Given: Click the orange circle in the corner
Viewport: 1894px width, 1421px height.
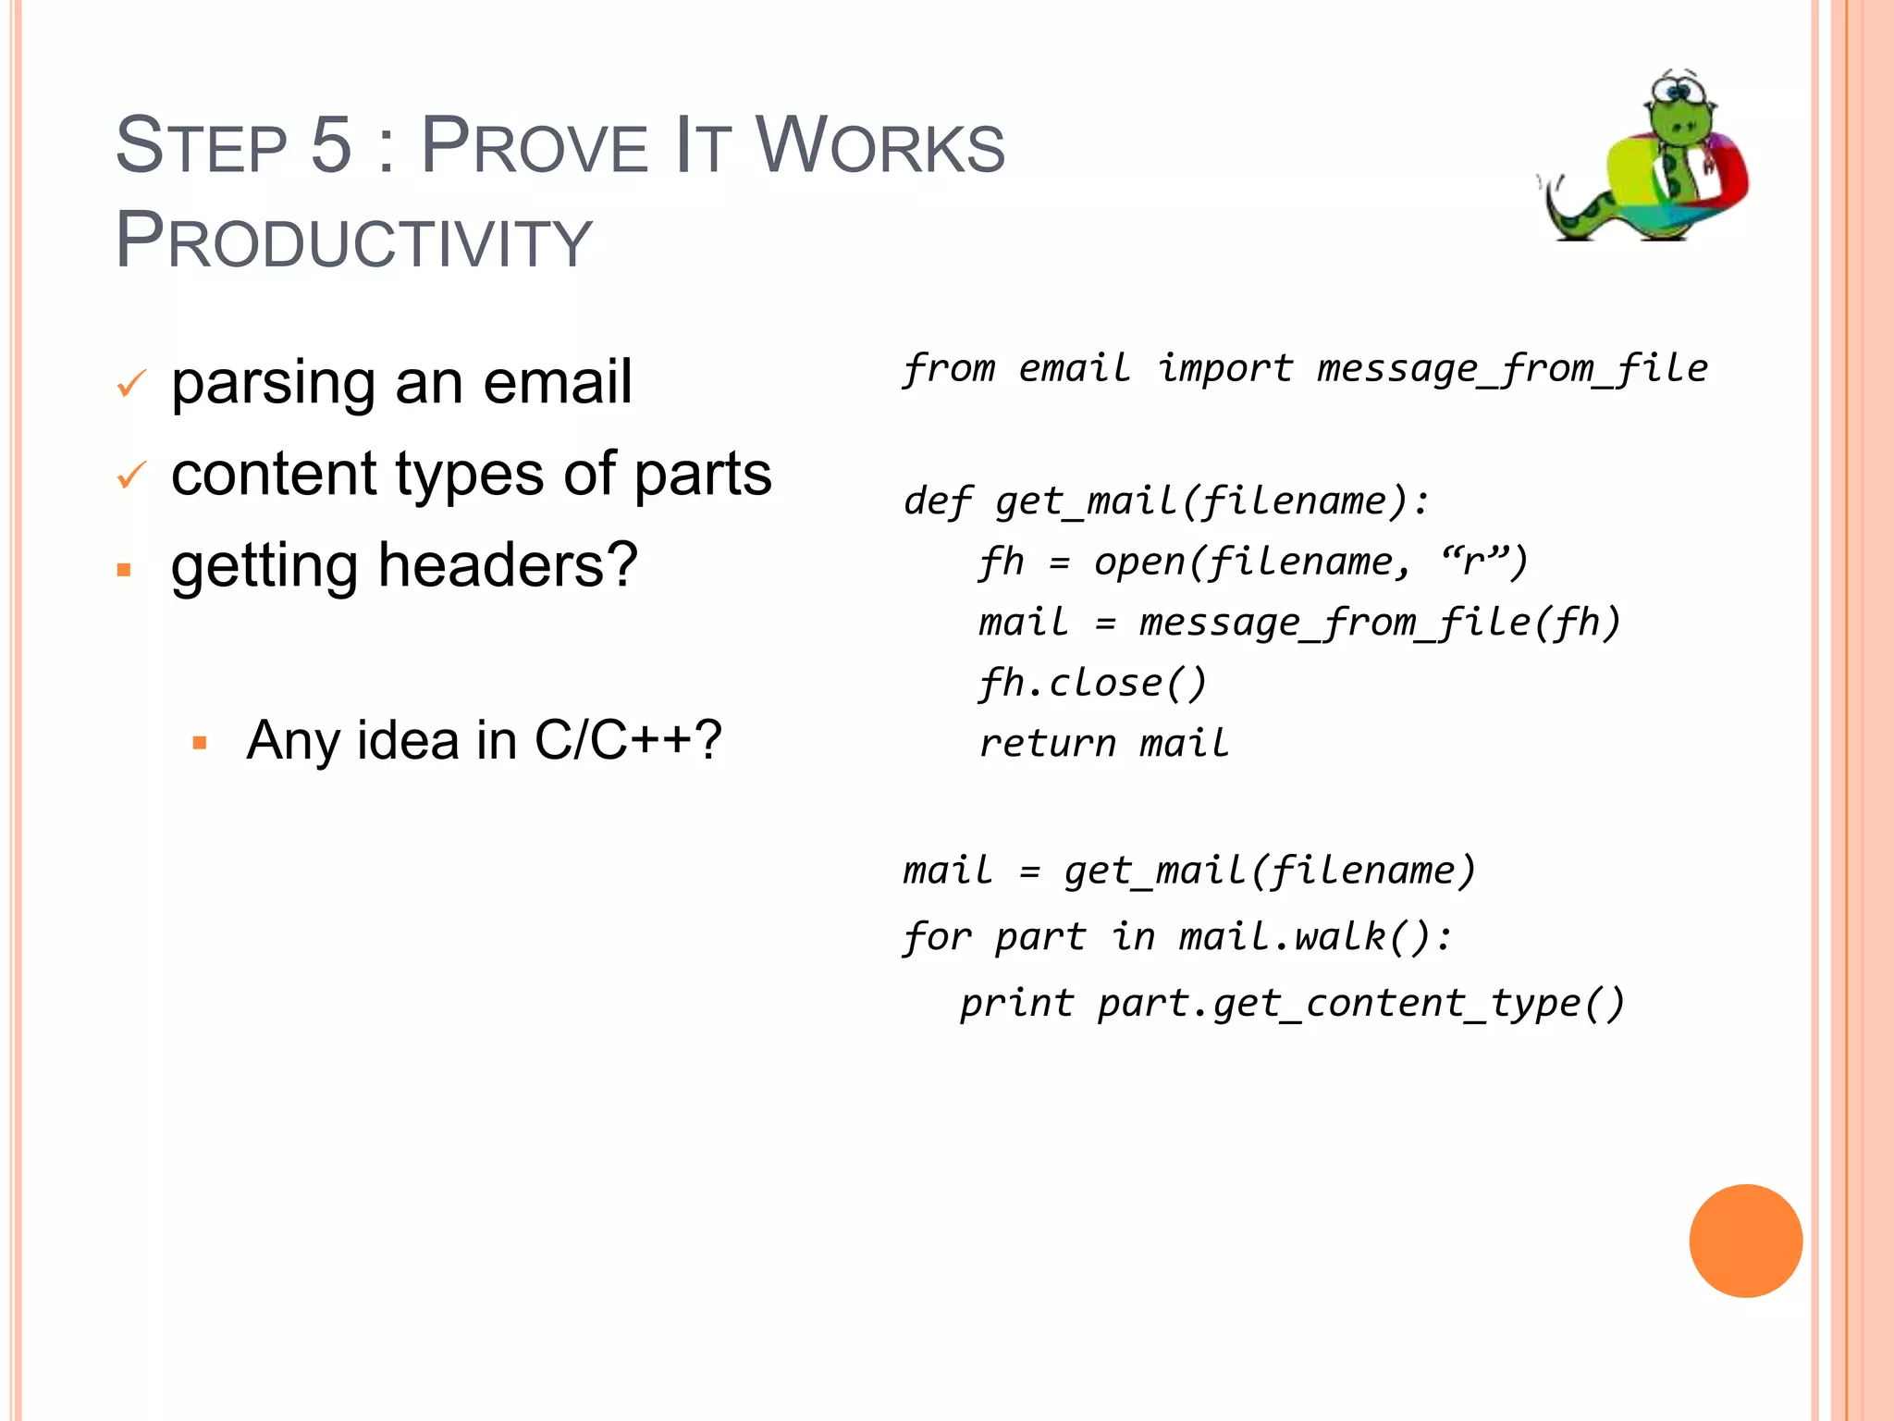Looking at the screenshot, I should (1745, 1241).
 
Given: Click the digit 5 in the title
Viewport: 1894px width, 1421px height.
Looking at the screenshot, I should (331, 145).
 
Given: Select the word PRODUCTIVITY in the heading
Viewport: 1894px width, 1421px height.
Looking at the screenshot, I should (353, 241).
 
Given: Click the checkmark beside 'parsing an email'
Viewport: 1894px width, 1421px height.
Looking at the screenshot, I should (131, 383).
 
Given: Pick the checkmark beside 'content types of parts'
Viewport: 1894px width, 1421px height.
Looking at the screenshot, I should (131, 476).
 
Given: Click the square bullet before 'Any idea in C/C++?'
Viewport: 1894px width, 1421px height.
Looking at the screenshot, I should (200, 743).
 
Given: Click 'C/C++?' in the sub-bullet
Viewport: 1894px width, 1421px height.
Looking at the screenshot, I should (628, 740).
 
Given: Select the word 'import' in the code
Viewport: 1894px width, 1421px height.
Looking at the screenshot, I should (1225, 368).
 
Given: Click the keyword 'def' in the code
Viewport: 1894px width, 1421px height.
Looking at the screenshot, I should (937, 501).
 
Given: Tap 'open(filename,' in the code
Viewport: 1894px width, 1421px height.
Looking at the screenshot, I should (1253, 562).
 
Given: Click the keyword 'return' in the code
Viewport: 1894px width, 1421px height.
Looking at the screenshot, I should (1048, 744).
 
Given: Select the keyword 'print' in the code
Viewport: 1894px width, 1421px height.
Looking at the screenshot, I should (1016, 1003).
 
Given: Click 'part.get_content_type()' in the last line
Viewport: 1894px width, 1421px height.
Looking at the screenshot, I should (1360, 1004).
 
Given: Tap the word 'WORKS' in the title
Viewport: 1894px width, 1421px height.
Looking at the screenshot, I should (879, 145).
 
